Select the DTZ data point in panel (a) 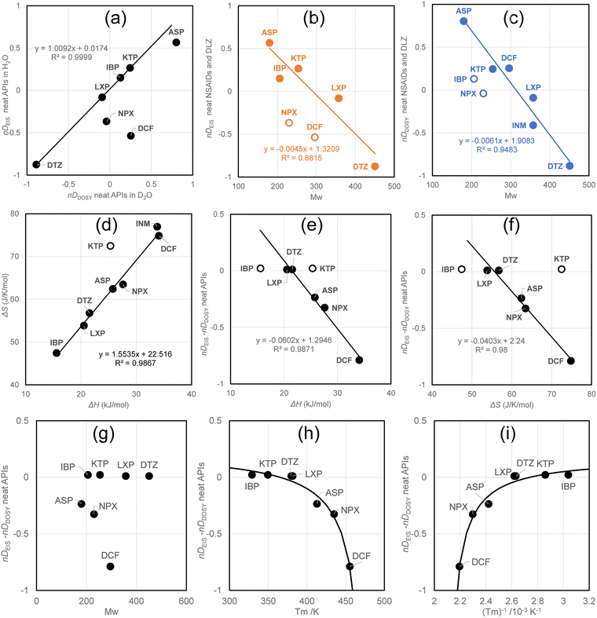click(x=36, y=164)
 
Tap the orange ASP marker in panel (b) click(x=269, y=42)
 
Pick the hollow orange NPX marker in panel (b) click(x=289, y=123)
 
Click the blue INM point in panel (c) click(x=533, y=125)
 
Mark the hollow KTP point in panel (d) click(x=111, y=246)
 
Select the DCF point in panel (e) click(x=360, y=360)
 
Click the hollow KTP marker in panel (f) click(x=561, y=269)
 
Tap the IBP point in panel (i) click(x=568, y=474)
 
